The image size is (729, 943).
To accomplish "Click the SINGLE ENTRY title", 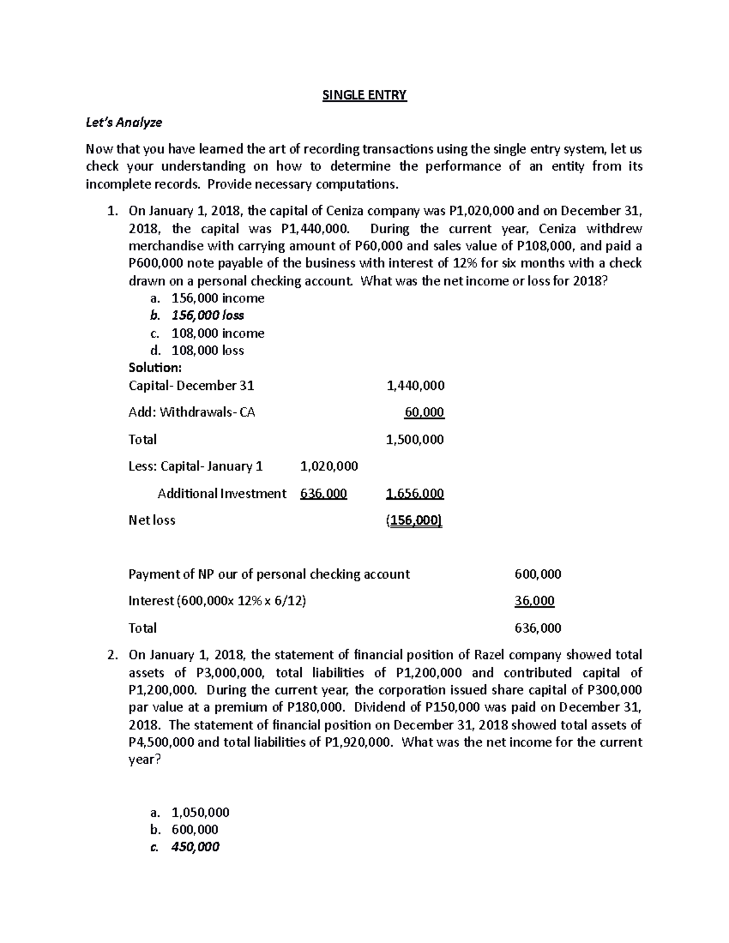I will tap(364, 95).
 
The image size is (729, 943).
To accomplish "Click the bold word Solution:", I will tap(155, 368).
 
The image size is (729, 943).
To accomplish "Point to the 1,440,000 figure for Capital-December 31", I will tap(415, 386).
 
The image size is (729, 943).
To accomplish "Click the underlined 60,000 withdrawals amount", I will tap(424, 412).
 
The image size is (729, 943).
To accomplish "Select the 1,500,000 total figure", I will tap(415, 440).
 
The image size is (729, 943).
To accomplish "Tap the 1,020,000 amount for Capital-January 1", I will tap(329, 466).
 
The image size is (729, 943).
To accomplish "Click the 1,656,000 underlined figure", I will tap(415, 494).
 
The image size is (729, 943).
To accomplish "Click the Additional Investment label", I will tap(222, 494).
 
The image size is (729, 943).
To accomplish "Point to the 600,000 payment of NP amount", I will tap(538, 574).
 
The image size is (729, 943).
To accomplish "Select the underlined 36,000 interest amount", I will tap(534, 601).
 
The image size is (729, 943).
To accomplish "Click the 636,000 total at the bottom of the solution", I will tap(538, 628).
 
